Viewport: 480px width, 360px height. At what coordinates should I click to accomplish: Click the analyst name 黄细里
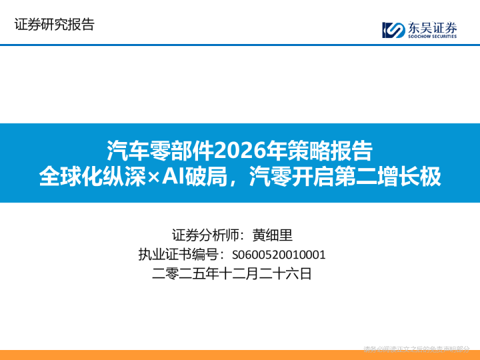point(272,235)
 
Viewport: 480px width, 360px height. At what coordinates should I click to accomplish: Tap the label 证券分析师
point(204,235)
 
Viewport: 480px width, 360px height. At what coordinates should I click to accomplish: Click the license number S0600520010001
point(279,254)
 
